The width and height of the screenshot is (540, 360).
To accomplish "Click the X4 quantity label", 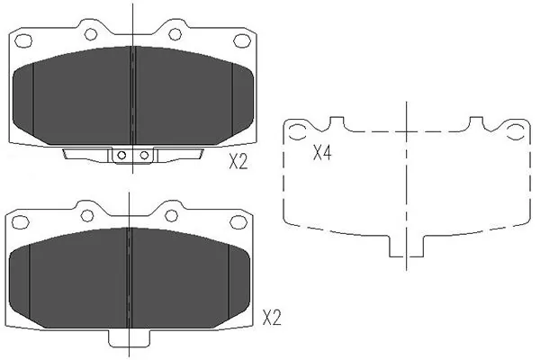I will (321, 153).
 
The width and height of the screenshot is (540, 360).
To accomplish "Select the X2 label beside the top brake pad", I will (238, 162).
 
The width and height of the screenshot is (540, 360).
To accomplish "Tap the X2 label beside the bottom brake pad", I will (272, 318).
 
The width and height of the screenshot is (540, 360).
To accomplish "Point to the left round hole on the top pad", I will (90, 33).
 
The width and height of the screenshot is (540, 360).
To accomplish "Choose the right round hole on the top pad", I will (175, 33).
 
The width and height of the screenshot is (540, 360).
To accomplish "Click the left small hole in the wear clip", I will (123, 156).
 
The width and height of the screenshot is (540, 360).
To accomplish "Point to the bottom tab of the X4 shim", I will (407, 245).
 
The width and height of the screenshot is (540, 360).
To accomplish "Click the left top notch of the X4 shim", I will (338, 123).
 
